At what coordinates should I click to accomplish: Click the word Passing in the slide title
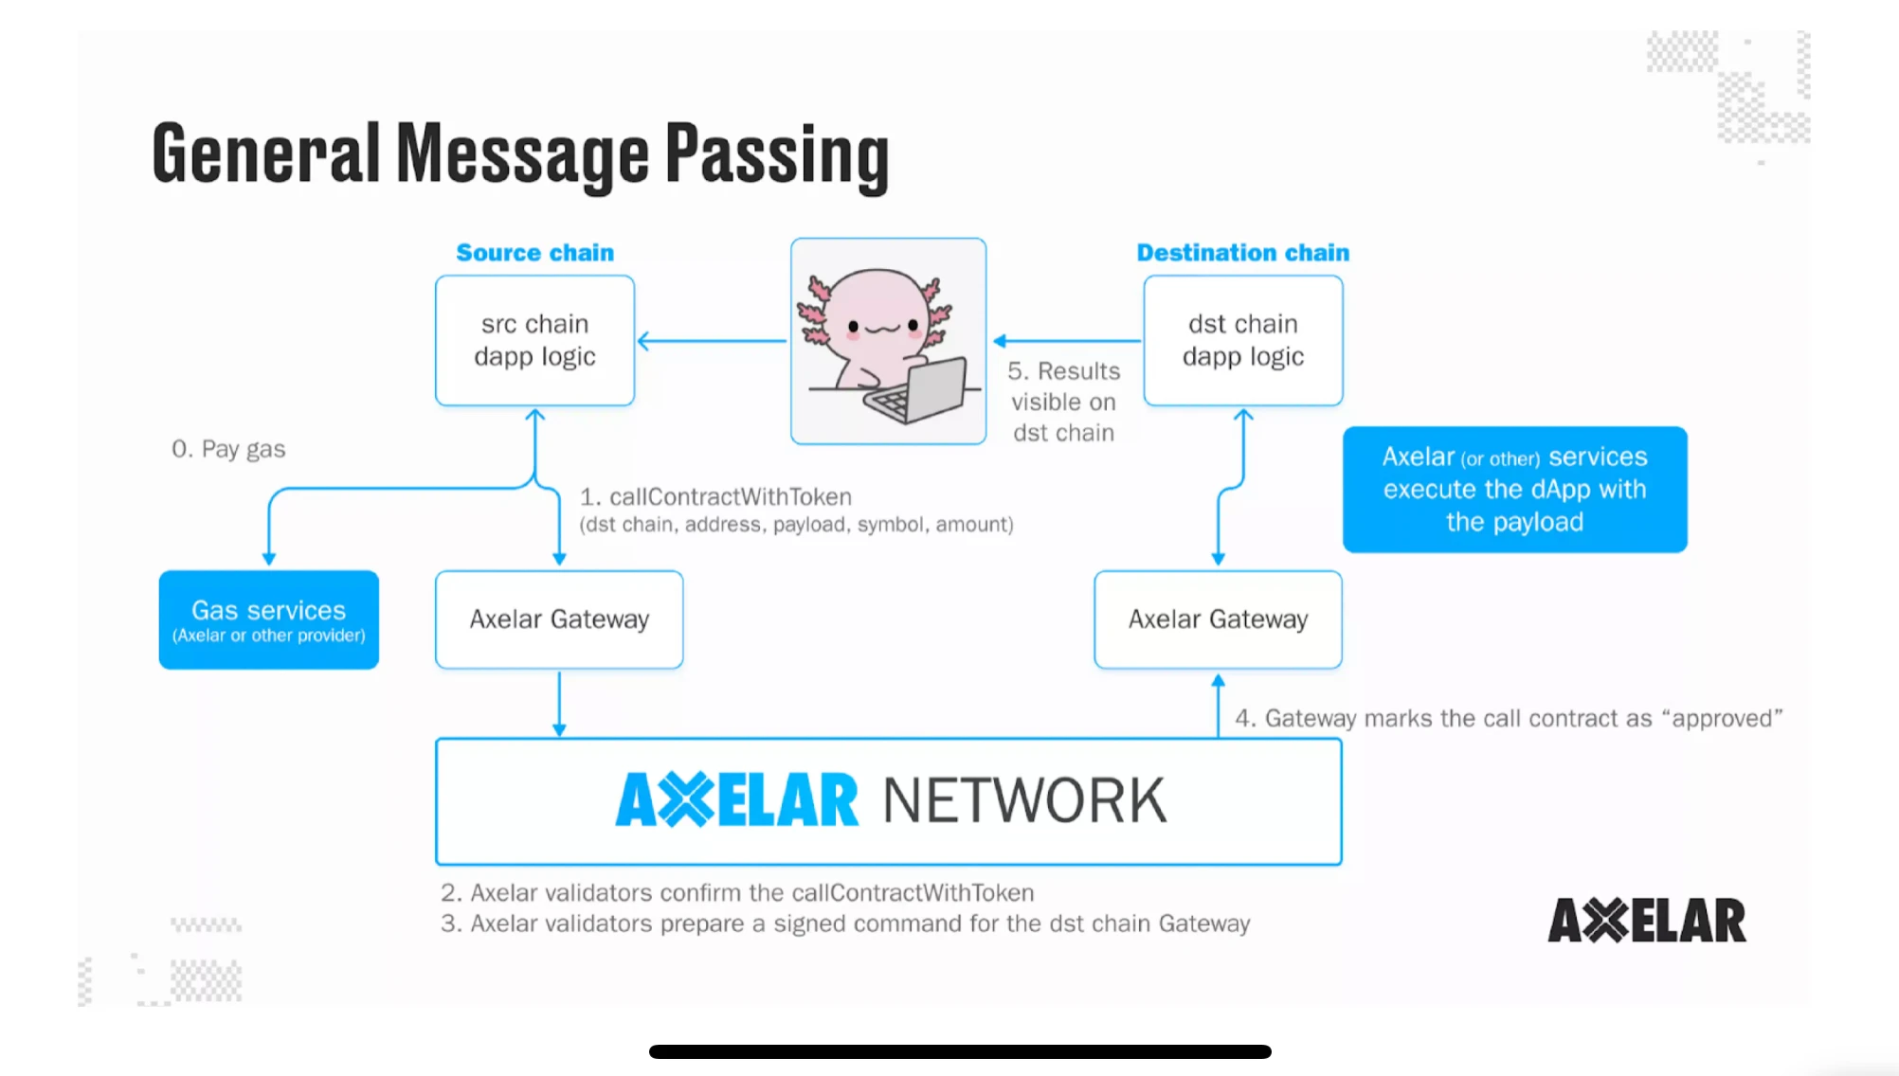(x=776, y=154)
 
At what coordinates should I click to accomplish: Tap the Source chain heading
(x=534, y=253)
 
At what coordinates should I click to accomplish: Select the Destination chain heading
(x=1242, y=253)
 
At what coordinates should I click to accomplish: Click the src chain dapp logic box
(x=534, y=340)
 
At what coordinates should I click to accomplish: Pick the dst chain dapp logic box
(x=1242, y=340)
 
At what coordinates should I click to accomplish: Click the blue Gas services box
(x=269, y=619)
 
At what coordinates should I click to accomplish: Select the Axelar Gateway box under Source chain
(x=559, y=619)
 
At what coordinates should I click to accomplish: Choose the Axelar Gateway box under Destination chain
(x=1218, y=619)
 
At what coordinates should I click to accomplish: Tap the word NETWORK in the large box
(x=1023, y=801)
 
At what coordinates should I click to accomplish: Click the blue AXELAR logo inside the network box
(x=736, y=800)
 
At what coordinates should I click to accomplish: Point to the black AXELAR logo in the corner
(x=1646, y=921)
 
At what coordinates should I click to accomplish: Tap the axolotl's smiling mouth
(x=882, y=330)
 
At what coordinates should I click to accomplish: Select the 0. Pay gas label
(x=228, y=449)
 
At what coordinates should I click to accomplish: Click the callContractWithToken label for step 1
(x=730, y=497)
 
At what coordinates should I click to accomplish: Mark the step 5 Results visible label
(x=1063, y=402)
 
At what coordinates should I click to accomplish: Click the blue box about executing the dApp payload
(x=1514, y=490)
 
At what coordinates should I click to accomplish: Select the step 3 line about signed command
(x=845, y=924)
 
